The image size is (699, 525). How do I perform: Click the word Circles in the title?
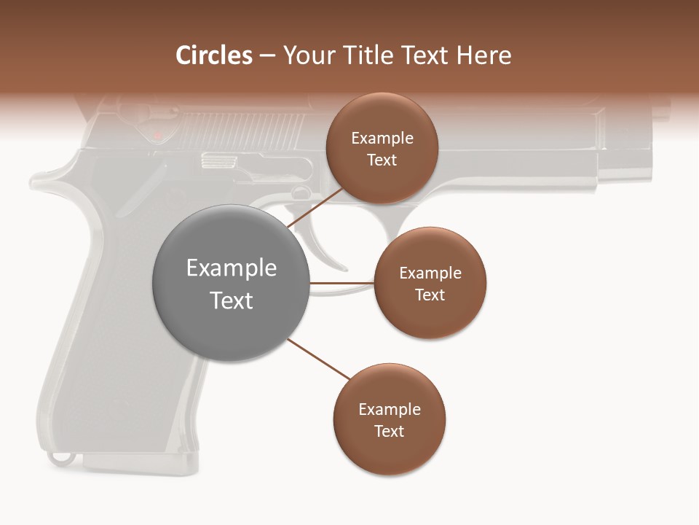coord(213,55)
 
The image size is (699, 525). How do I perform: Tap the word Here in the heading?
coord(483,55)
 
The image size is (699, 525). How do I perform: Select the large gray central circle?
coord(231,283)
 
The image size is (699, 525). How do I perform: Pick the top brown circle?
coord(382,149)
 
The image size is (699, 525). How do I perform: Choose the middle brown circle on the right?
coord(430,283)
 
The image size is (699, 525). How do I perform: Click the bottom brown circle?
coord(389,420)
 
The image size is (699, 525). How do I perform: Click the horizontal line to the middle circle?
coord(341,283)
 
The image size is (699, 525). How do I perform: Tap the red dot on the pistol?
coord(157,135)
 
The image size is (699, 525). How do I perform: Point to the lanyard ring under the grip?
coord(61,459)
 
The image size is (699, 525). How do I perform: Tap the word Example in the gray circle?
coord(231,268)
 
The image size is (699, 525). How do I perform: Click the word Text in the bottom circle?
coord(389,431)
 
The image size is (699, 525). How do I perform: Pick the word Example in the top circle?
coord(382,139)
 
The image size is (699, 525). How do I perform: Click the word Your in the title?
coord(307,55)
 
